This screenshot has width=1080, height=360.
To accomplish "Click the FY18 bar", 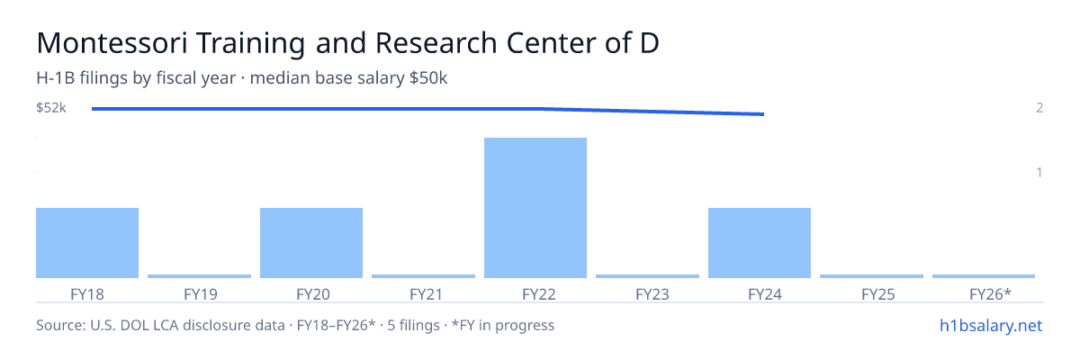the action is [x=87, y=243].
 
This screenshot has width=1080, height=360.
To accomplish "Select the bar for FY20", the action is [x=311, y=243].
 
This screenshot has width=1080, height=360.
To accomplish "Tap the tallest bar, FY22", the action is [x=535, y=208].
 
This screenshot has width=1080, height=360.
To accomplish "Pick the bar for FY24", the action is [x=760, y=243].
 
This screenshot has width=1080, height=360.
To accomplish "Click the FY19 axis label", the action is [x=201, y=294].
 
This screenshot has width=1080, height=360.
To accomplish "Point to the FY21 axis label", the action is [x=427, y=294].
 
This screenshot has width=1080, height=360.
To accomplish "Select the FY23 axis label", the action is [x=652, y=294].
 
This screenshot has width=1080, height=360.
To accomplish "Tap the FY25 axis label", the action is [x=878, y=294].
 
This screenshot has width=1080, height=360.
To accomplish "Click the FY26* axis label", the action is [x=990, y=294].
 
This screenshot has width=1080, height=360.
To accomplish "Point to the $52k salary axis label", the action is [x=51, y=108].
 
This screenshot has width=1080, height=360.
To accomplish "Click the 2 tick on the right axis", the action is [x=1039, y=107].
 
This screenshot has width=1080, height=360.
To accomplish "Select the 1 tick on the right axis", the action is [x=1039, y=172].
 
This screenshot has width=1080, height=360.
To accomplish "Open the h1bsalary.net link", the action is [x=991, y=326].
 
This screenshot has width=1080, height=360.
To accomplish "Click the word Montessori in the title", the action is [x=112, y=43].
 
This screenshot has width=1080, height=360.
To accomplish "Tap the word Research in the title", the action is [x=436, y=43].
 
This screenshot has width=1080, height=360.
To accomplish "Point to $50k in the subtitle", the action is [x=428, y=78].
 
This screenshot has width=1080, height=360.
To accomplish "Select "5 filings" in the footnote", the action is [x=413, y=326].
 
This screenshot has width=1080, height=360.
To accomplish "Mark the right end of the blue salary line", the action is [x=764, y=114].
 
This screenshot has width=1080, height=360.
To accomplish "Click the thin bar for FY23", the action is [x=647, y=276].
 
